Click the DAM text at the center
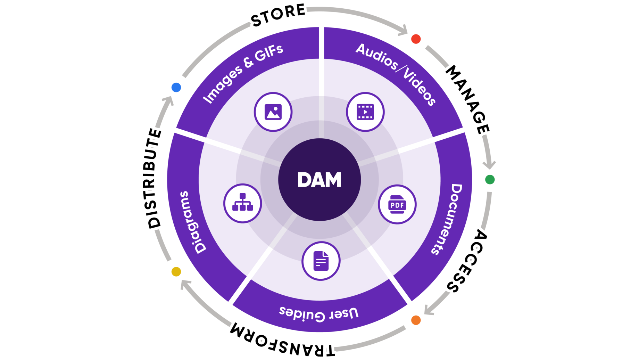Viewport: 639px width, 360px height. click(319, 180)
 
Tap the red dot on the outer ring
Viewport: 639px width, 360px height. click(416, 39)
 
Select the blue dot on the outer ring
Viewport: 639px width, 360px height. click(176, 87)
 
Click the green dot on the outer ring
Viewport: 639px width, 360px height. click(490, 180)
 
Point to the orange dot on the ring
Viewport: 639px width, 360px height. click(416, 320)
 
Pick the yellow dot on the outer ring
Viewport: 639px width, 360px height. click(176, 271)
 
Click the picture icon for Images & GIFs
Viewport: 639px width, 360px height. click(273, 112)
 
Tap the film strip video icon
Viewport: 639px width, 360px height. click(365, 112)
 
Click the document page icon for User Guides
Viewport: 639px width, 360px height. click(321, 261)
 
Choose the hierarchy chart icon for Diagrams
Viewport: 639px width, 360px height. click(243, 203)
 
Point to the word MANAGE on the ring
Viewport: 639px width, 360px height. click(467, 99)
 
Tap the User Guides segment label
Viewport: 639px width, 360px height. click(319, 313)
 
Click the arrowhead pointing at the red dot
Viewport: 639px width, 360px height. click(404, 31)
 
